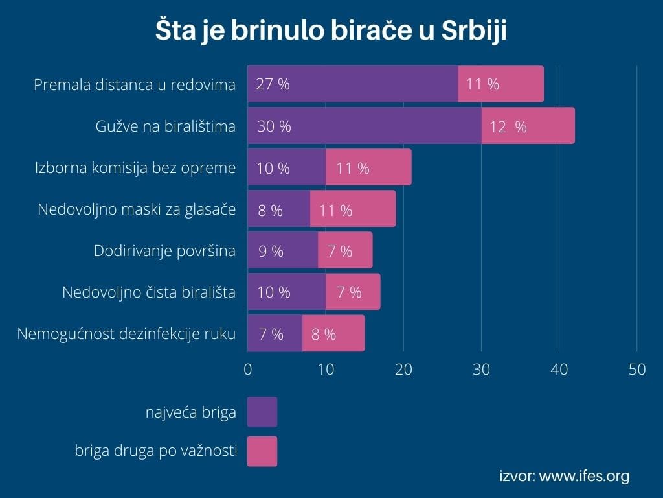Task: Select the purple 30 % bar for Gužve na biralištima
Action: [364, 126]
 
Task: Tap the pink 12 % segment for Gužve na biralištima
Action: [528, 126]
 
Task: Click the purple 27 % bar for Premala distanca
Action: [352, 84]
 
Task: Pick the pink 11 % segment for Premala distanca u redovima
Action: [500, 84]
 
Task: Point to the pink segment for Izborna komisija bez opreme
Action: [368, 168]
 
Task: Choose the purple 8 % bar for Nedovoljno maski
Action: [278, 209]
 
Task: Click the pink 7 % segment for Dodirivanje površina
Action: [345, 251]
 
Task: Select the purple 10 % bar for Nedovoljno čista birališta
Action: [286, 292]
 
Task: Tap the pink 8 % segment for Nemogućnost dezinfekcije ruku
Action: [333, 334]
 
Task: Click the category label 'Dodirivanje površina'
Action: [164, 251]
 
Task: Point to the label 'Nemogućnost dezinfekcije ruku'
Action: [126, 334]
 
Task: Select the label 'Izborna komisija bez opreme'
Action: [135, 168]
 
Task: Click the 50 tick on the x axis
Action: [637, 369]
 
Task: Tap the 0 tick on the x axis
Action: [247, 369]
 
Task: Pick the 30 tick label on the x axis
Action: [481, 369]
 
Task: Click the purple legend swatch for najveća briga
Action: [262, 412]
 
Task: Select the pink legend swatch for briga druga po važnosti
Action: [262, 451]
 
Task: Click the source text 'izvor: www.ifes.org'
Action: [564, 477]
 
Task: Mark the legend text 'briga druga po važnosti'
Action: [155, 451]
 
